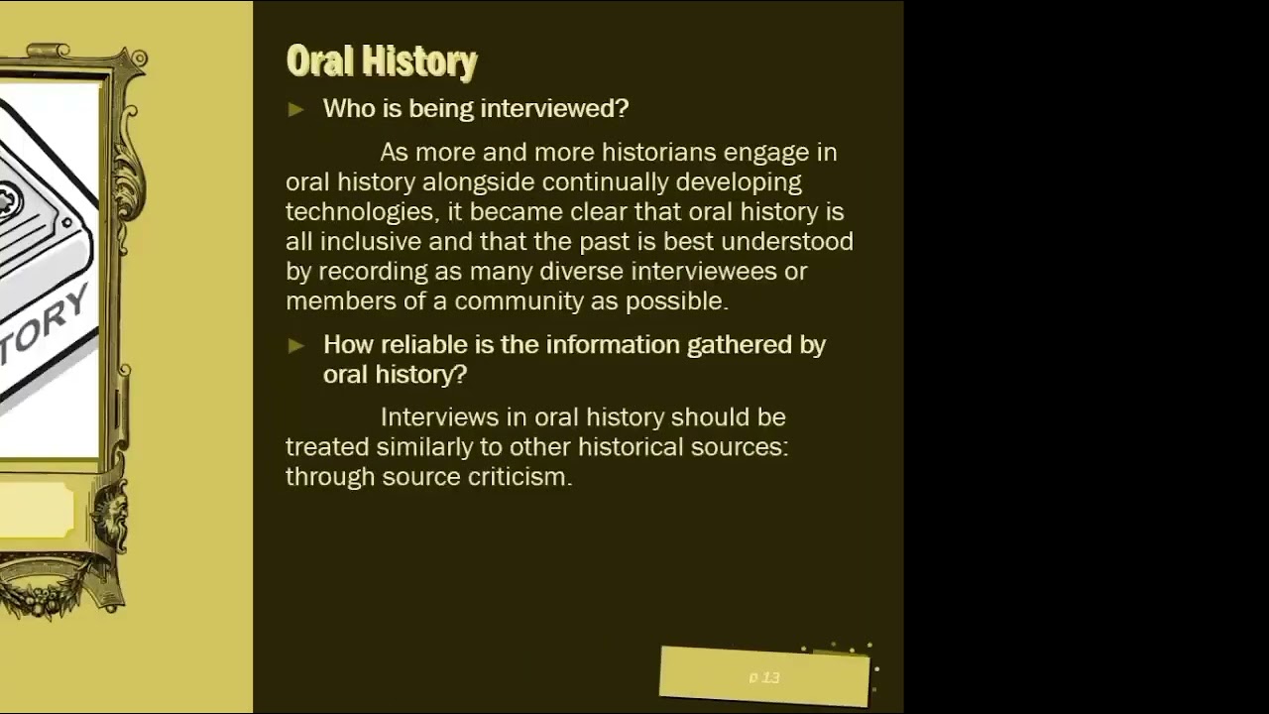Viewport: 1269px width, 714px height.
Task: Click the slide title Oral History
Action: [x=382, y=61]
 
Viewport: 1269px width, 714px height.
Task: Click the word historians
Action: [x=658, y=153]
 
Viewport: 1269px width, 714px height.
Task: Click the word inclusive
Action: [x=370, y=242]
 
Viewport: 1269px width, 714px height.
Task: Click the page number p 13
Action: [x=764, y=677]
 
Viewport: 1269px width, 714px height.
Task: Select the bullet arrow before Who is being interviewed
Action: [x=296, y=109]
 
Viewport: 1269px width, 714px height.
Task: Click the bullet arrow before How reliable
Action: [x=296, y=345]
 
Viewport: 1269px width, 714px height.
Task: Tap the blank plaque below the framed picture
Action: [x=36, y=512]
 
